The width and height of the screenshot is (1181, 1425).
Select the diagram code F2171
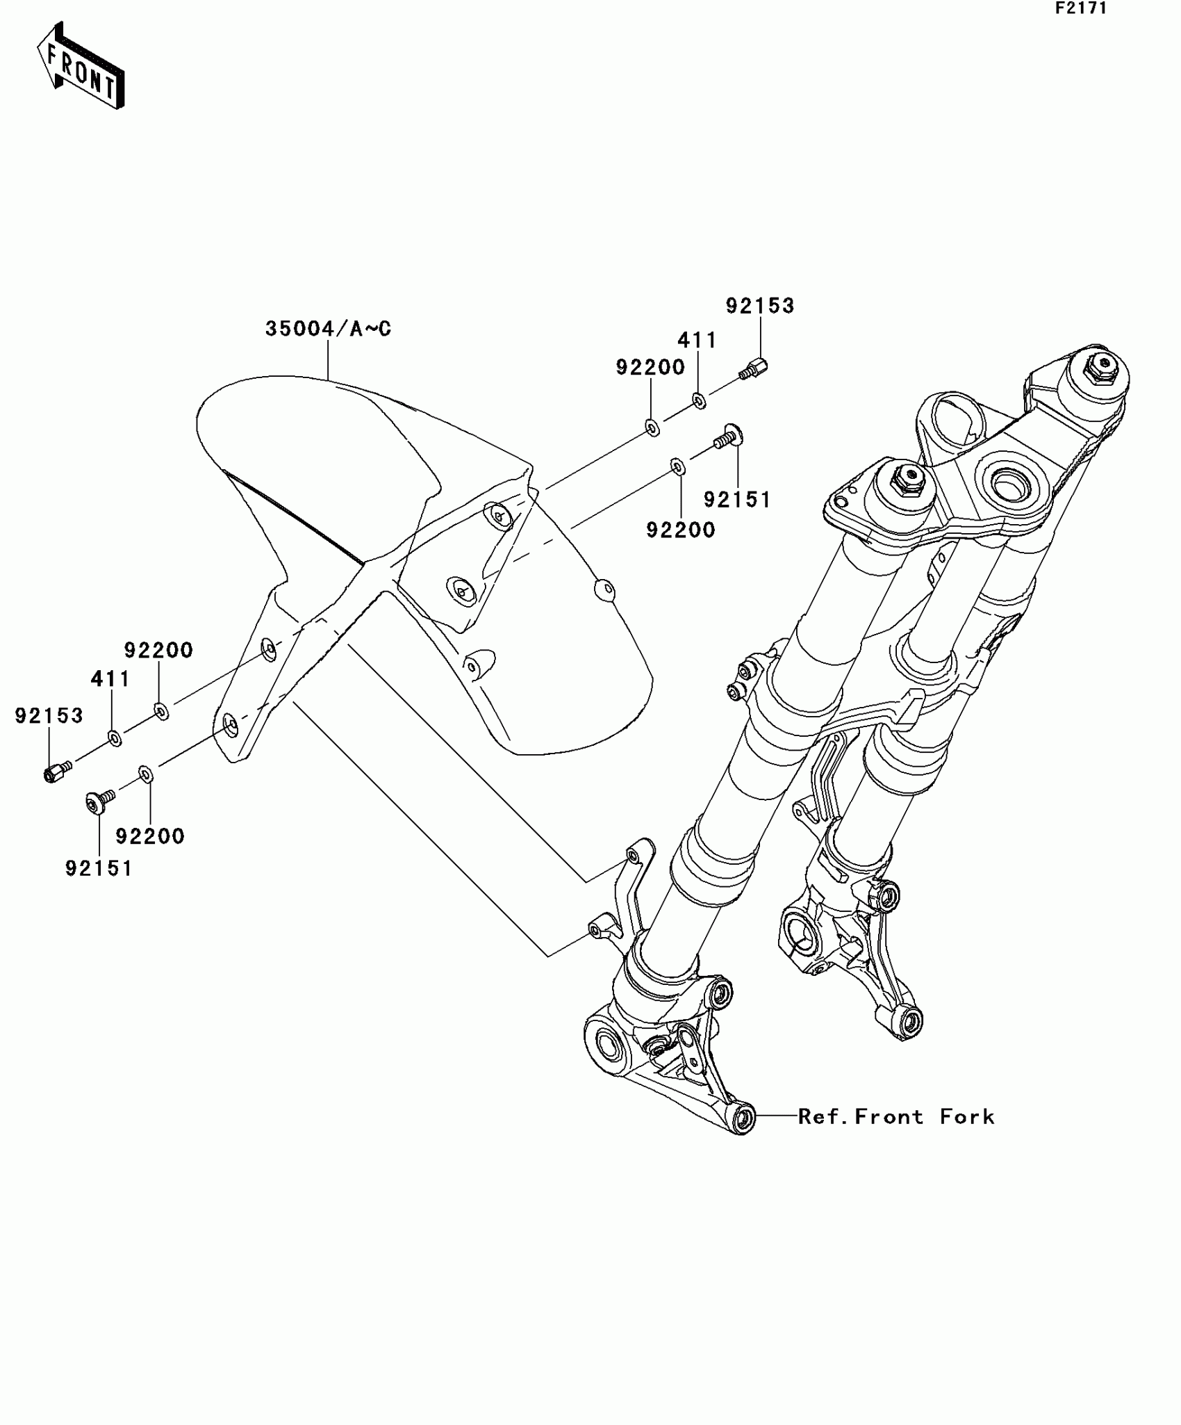coord(1081,8)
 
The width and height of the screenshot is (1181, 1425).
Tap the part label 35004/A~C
coord(328,329)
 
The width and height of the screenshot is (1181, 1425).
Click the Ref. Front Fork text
coord(896,1117)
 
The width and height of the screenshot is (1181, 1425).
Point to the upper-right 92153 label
coord(760,306)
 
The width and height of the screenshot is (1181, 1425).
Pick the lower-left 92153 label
coord(49,715)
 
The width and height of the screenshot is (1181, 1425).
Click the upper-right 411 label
coord(697,340)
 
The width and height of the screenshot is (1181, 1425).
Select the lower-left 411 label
coord(110,678)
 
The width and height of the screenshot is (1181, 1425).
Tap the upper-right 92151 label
coord(737,500)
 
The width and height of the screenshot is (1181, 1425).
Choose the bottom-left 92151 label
coord(99,868)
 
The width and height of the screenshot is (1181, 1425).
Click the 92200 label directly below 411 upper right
coord(650,367)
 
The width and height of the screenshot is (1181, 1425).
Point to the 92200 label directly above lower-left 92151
coord(150,836)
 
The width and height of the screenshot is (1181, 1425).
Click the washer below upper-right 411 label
coord(700,400)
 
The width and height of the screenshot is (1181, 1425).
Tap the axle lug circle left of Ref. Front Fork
coord(743,1118)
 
